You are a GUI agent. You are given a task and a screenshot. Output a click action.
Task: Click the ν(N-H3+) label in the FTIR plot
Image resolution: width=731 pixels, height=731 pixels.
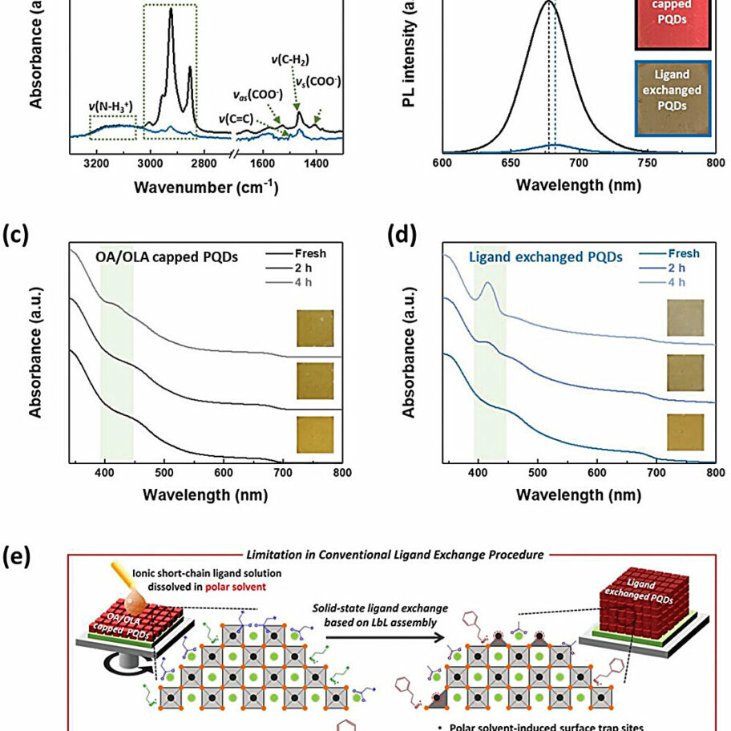click(111, 106)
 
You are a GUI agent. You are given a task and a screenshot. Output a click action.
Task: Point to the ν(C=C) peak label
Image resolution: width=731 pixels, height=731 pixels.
click(236, 119)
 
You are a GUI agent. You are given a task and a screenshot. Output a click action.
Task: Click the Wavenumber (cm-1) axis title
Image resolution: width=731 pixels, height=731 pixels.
click(206, 188)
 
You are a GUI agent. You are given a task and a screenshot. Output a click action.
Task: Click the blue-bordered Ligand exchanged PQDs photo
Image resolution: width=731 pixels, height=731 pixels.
click(673, 99)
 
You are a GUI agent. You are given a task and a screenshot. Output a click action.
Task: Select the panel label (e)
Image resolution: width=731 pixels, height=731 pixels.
click(17, 555)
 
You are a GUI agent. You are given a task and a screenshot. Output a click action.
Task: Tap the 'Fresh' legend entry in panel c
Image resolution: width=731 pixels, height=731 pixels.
click(309, 254)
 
